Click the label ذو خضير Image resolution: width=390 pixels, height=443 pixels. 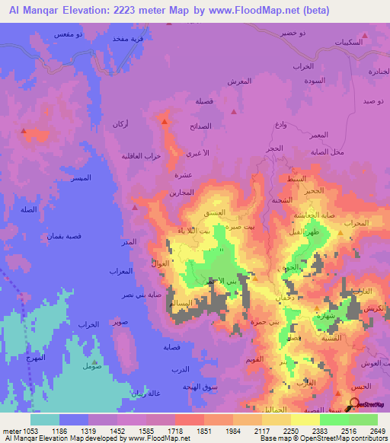point(313,33)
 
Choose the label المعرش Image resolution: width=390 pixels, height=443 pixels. point(241,81)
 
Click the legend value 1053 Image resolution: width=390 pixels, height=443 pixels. point(21,432)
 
